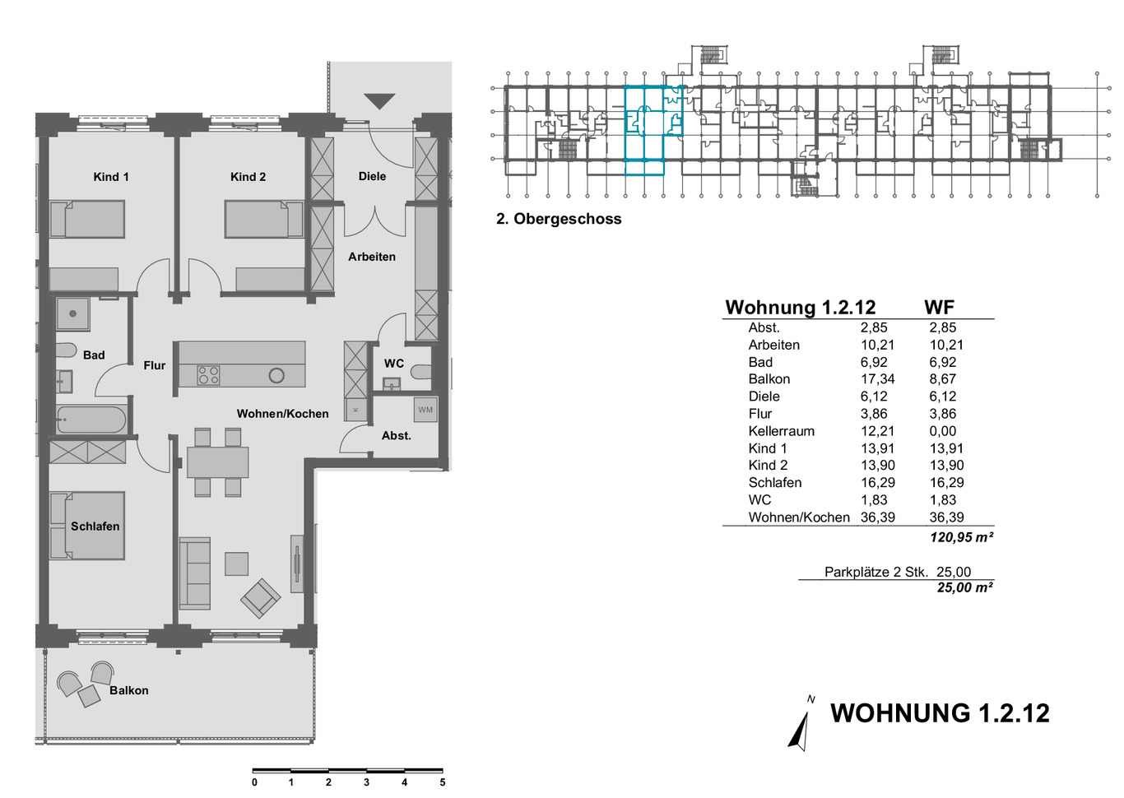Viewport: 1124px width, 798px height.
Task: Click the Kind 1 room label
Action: click(111, 177)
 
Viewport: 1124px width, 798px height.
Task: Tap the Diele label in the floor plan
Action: click(372, 177)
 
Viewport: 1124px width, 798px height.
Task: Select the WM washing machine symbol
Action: click(425, 410)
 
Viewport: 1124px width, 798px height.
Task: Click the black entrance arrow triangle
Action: click(379, 101)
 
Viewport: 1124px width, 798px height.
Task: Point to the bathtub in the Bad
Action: click(91, 420)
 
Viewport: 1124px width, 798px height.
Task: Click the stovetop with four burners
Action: click(208, 375)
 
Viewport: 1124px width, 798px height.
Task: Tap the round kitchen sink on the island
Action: click(276, 375)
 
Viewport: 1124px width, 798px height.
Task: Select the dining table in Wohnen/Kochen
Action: click(218, 462)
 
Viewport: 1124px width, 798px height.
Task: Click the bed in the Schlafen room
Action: click(87, 526)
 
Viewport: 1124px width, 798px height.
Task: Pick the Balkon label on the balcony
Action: click(129, 691)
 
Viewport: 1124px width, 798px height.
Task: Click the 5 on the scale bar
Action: click(443, 782)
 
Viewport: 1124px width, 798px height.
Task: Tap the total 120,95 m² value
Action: click(961, 538)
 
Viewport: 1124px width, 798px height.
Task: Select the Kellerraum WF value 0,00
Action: click(943, 431)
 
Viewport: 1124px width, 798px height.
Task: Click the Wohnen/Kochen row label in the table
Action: click(799, 517)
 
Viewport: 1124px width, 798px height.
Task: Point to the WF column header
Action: click(940, 307)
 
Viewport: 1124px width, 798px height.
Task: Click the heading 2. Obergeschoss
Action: click(559, 219)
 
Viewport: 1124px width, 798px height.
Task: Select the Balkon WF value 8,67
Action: click(943, 378)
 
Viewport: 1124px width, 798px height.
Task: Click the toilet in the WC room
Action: click(420, 372)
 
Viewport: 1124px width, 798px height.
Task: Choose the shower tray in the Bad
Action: click(72, 314)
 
